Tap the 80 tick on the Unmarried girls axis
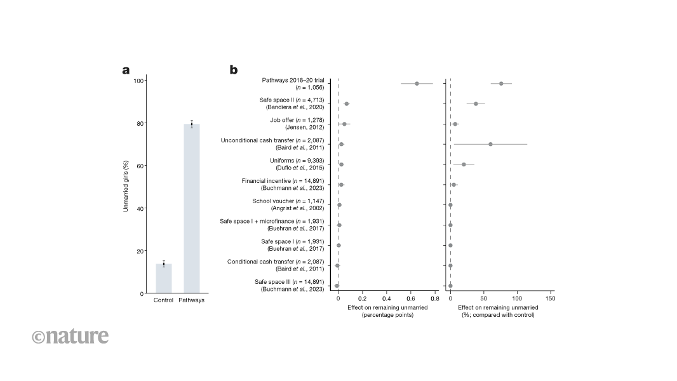tap(138, 123)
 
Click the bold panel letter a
tap(126, 70)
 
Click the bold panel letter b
tap(234, 70)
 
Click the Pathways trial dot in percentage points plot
tap(417, 83)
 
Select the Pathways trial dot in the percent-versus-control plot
tap(501, 83)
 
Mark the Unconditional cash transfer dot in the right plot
tap(490, 144)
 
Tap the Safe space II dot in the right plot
tap(476, 104)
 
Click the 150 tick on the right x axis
tap(550, 298)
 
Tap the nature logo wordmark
tap(70, 336)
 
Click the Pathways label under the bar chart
tap(192, 300)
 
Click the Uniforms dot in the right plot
tap(464, 164)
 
